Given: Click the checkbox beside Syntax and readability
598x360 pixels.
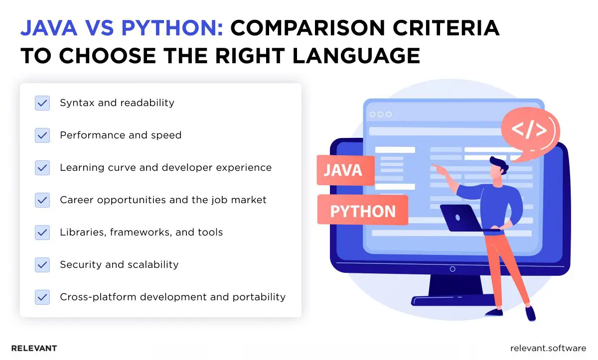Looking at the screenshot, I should coord(42,103).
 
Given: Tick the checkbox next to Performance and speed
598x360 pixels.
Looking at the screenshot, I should coord(42,135).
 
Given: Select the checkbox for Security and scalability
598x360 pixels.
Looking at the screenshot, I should coord(42,265).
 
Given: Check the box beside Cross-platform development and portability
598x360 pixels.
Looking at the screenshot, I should coord(42,297).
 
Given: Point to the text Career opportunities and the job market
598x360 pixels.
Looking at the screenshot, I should coord(163,200).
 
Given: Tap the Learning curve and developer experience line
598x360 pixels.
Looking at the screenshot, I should coord(165,168).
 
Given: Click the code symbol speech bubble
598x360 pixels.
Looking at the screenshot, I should coord(529,131).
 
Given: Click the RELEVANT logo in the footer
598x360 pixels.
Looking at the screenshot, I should coord(34,348).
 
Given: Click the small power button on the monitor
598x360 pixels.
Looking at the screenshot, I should coord(452,269).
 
